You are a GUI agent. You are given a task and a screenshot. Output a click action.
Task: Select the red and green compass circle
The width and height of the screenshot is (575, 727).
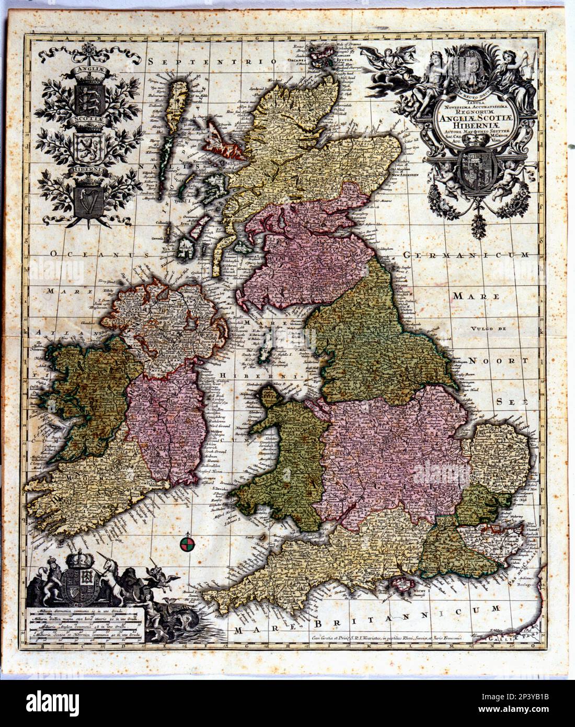[x=187, y=545]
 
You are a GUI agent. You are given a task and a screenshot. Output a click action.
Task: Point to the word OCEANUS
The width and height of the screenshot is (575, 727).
[x=95, y=254]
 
